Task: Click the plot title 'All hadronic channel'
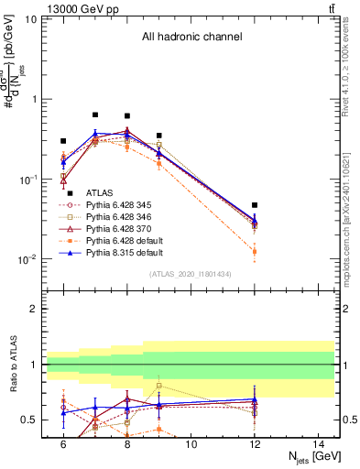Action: point(191,37)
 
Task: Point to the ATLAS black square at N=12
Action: point(255,205)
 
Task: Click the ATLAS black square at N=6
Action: point(63,141)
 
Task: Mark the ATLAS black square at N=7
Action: point(95,115)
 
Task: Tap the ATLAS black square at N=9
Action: point(159,136)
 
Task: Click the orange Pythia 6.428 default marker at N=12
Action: point(255,251)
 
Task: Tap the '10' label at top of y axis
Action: point(29,18)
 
